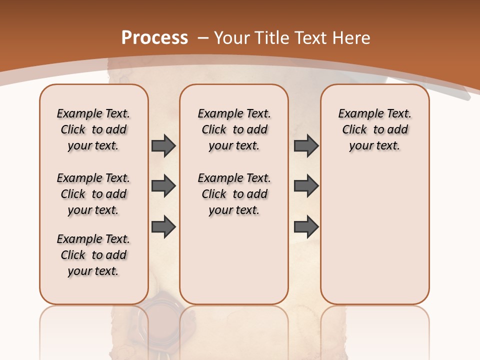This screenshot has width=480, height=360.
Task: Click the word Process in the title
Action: point(154,38)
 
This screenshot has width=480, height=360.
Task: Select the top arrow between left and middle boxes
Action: point(163,145)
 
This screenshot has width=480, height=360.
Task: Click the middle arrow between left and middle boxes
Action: point(163,186)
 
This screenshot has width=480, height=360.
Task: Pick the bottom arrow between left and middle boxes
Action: point(163,226)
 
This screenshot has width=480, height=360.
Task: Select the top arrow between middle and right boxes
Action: point(306,145)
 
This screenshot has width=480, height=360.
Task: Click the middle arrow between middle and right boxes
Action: point(306,186)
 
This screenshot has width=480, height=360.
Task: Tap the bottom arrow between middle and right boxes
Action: point(306,226)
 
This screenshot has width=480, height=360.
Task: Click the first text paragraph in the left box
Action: point(93,129)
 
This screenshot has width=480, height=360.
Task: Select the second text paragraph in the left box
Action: point(93,194)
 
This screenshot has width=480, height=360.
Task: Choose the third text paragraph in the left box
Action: point(93,255)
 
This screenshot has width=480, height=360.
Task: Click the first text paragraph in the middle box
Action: point(234,129)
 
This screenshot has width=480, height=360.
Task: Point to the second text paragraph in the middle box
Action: point(234,194)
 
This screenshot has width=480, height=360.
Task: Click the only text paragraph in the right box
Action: point(374,129)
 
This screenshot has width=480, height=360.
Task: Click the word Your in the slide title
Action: point(232,38)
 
